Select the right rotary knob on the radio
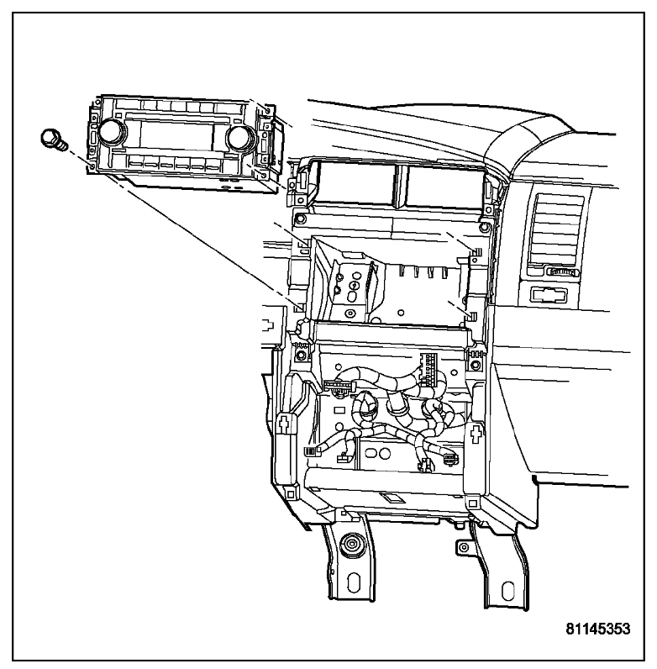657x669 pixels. coord(238,136)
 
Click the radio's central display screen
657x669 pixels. coord(171,134)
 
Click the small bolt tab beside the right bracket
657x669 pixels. coord(460,548)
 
